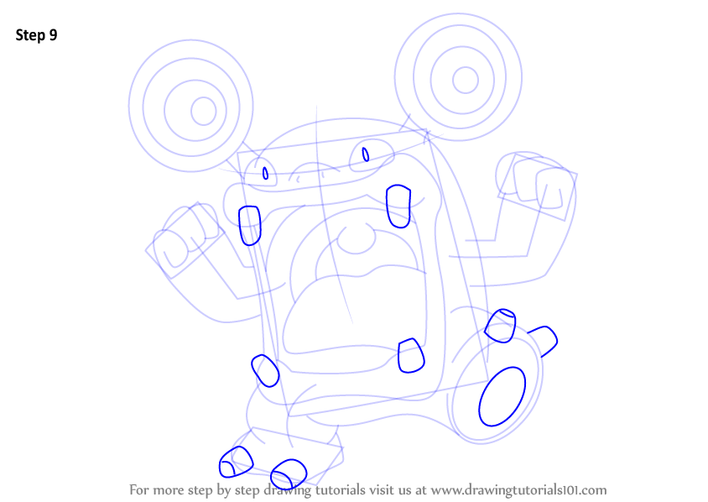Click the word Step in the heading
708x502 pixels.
[31, 35]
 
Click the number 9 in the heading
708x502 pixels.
[54, 35]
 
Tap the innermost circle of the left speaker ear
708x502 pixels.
[204, 111]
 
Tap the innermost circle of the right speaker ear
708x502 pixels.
[465, 80]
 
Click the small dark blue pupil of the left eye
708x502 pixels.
[265, 173]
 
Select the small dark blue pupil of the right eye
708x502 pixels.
[365, 154]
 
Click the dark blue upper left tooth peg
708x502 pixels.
[250, 226]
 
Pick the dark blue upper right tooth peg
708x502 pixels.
[398, 206]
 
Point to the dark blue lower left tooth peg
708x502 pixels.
[265, 370]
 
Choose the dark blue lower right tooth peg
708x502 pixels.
[411, 356]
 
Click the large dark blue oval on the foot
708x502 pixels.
[502, 396]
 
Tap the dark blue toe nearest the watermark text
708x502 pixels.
[289, 473]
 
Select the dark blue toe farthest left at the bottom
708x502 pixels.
[236, 462]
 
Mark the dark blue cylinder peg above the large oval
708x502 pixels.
[500, 326]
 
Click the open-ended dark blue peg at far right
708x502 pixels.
[544, 341]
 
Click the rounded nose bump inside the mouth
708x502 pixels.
[357, 239]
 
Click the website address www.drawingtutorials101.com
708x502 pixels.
[518, 490]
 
